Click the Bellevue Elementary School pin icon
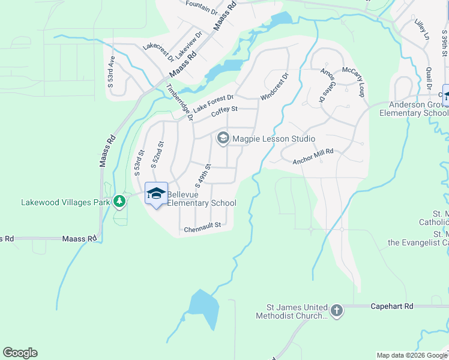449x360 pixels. click(x=156, y=193)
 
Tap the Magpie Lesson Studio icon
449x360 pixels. click(x=223, y=139)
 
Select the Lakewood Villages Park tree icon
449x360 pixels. click(x=120, y=202)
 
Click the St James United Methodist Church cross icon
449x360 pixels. click(x=337, y=311)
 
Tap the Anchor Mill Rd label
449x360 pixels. click(x=313, y=157)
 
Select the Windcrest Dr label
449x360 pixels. click(x=275, y=86)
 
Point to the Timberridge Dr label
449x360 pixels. click(x=179, y=102)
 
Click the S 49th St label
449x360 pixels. click(x=202, y=174)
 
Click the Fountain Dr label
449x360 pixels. click(x=201, y=7)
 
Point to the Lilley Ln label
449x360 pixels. click(x=422, y=29)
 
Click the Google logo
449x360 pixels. click(x=20, y=353)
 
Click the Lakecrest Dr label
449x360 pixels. click(x=158, y=52)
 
